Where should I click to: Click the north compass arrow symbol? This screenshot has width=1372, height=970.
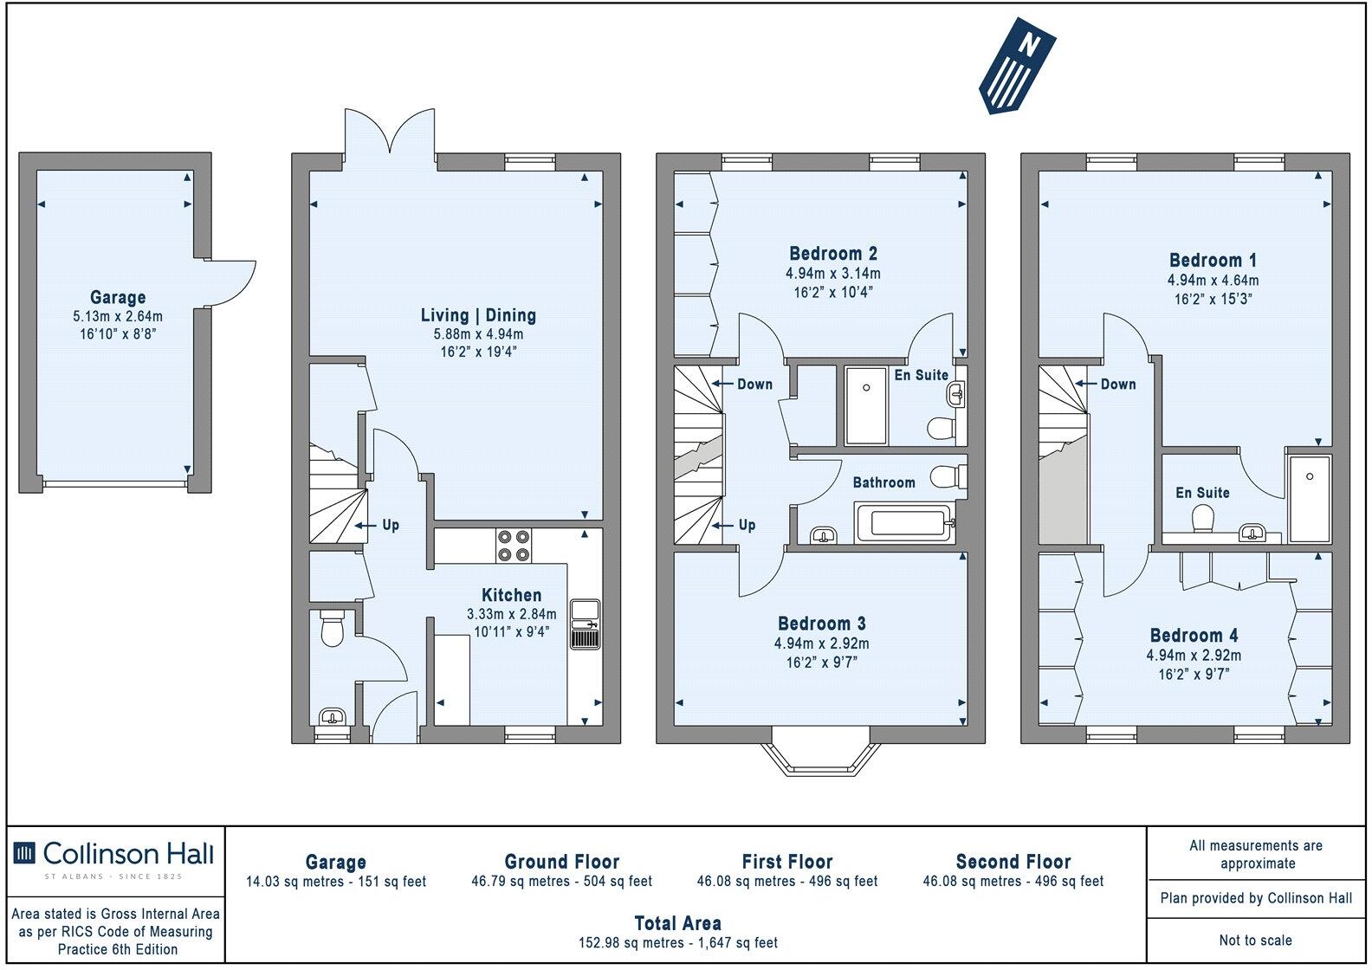tap(1017, 68)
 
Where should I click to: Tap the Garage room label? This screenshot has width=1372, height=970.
tap(118, 297)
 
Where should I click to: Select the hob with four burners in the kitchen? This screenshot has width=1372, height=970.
tap(513, 546)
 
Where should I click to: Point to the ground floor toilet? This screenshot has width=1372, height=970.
tap(332, 630)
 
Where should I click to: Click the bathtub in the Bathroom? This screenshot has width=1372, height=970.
tap(904, 524)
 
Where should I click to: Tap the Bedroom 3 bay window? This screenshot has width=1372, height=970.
tap(818, 757)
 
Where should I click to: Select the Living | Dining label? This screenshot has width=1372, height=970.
tap(478, 315)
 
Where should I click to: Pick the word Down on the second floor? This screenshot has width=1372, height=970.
tap(1117, 384)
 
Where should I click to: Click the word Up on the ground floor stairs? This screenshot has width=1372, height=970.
tap(391, 525)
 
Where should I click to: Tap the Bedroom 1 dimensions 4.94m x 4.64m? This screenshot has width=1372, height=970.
tap(1213, 280)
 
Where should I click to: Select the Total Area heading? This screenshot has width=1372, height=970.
tap(677, 923)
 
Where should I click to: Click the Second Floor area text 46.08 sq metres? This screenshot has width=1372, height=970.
tap(1013, 881)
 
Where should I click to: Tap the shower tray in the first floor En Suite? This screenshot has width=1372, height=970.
tap(865, 404)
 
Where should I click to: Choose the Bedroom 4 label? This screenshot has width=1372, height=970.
tap(1194, 636)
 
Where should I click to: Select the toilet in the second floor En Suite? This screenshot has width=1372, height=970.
tap(1202, 520)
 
